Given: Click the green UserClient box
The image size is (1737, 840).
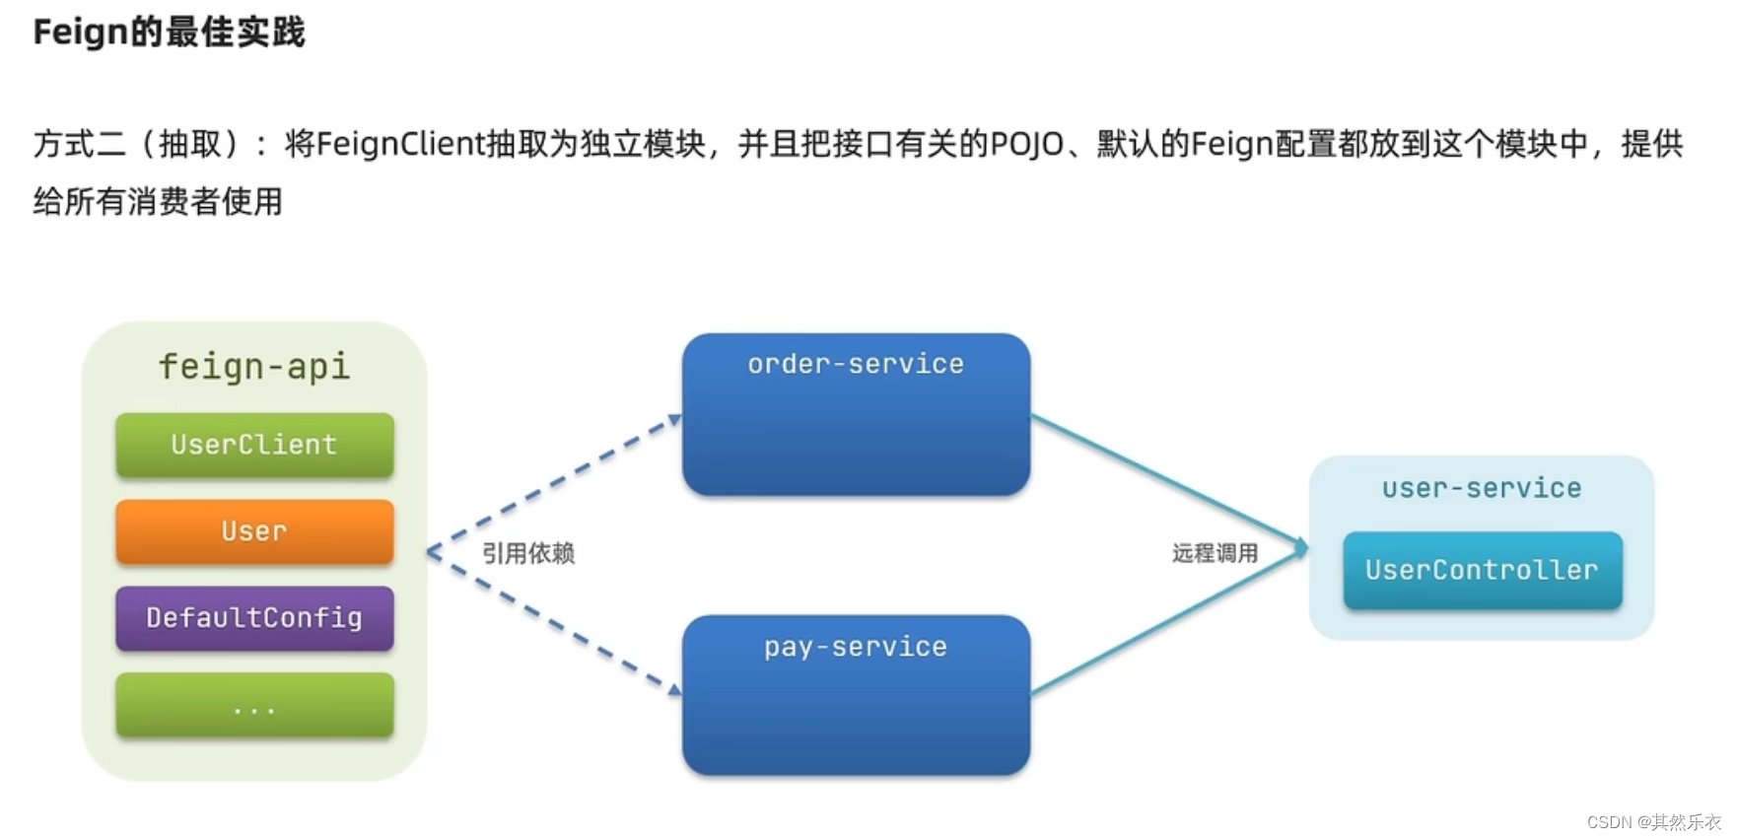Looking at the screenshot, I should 254,445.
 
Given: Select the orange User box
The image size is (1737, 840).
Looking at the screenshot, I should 254,531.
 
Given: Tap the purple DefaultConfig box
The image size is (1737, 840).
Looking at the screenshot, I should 254,618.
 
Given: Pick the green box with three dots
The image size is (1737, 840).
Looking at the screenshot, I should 254,705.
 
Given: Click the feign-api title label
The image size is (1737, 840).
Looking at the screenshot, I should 254,367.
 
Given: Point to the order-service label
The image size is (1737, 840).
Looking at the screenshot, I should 856,364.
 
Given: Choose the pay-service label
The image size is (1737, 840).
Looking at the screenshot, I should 856,647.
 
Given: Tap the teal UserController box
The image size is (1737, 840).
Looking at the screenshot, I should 1482,570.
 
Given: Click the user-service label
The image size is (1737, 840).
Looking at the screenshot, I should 1482,488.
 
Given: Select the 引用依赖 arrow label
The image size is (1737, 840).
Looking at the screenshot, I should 528,553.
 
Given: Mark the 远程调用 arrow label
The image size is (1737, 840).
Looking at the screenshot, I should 1215,553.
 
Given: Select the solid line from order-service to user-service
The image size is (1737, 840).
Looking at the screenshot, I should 1168,479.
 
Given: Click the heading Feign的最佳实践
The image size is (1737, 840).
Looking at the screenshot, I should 170,33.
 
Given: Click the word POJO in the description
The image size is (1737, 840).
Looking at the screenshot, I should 1026,144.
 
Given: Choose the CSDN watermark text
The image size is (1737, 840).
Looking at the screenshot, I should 1653,821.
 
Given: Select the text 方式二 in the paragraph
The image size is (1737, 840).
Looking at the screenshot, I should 80,144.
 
